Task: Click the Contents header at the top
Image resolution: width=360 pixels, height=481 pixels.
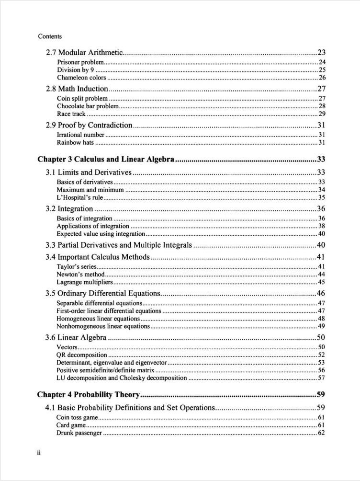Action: [49, 36]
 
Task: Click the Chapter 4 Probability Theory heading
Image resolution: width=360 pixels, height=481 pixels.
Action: [89, 395]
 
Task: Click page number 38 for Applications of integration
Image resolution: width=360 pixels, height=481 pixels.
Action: [322, 226]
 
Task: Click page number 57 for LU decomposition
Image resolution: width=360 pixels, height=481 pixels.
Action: [322, 378]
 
